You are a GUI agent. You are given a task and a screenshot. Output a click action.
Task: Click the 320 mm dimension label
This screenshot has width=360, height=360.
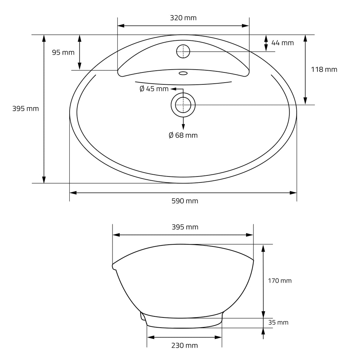[x=183, y=18]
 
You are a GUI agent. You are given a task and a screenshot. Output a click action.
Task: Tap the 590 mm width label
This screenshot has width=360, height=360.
[x=185, y=201]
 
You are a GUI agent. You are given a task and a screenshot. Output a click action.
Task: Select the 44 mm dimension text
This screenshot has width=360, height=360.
[x=283, y=43]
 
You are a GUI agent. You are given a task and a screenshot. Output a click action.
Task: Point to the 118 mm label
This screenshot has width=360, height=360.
[x=324, y=69]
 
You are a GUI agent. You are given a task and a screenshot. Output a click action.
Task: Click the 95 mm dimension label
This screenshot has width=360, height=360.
[x=63, y=53]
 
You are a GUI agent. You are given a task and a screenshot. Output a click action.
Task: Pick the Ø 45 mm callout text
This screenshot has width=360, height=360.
[x=154, y=89]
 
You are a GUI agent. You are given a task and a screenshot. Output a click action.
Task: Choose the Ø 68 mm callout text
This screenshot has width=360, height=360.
[x=183, y=135]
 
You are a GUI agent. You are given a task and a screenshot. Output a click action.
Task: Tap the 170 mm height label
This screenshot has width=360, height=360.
[x=280, y=281]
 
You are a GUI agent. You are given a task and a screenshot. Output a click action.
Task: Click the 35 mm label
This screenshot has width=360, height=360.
[x=278, y=323]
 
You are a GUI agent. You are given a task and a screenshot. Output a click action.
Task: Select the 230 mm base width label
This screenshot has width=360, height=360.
[x=185, y=345]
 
